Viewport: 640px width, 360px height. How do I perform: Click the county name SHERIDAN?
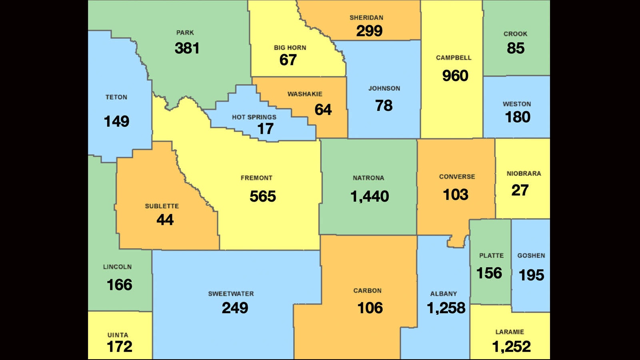click(366, 18)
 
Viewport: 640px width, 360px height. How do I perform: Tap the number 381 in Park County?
click(187, 48)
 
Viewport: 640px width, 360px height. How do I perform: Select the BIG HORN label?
click(290, 48)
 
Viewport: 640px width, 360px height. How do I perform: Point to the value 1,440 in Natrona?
click(369, 196)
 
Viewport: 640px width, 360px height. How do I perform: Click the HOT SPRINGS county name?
click(254, 117)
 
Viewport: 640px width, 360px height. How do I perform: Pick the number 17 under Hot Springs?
click(265, 129)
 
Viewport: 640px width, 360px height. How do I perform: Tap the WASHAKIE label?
click(305, 94)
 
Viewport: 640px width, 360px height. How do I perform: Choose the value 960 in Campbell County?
click(455, 76)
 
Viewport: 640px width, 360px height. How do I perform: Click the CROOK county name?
click(515, 34)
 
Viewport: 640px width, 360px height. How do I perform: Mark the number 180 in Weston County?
click(517, 117)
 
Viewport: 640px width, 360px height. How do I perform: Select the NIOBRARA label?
click(524, 174)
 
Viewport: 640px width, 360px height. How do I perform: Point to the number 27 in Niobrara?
click(520, 190)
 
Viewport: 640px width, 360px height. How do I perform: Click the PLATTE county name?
click(491, 256)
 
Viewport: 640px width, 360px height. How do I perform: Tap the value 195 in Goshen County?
click(531, 275)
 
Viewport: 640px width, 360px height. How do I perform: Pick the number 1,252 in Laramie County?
click(511, 347)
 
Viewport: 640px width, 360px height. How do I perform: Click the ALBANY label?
click(443, 294)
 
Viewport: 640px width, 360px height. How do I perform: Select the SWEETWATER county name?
click(231, 294)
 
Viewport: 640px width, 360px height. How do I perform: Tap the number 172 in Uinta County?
click(119, 347)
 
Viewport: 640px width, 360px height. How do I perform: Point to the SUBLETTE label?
click(162, 206)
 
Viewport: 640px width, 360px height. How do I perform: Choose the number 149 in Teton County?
click(116, 121)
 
